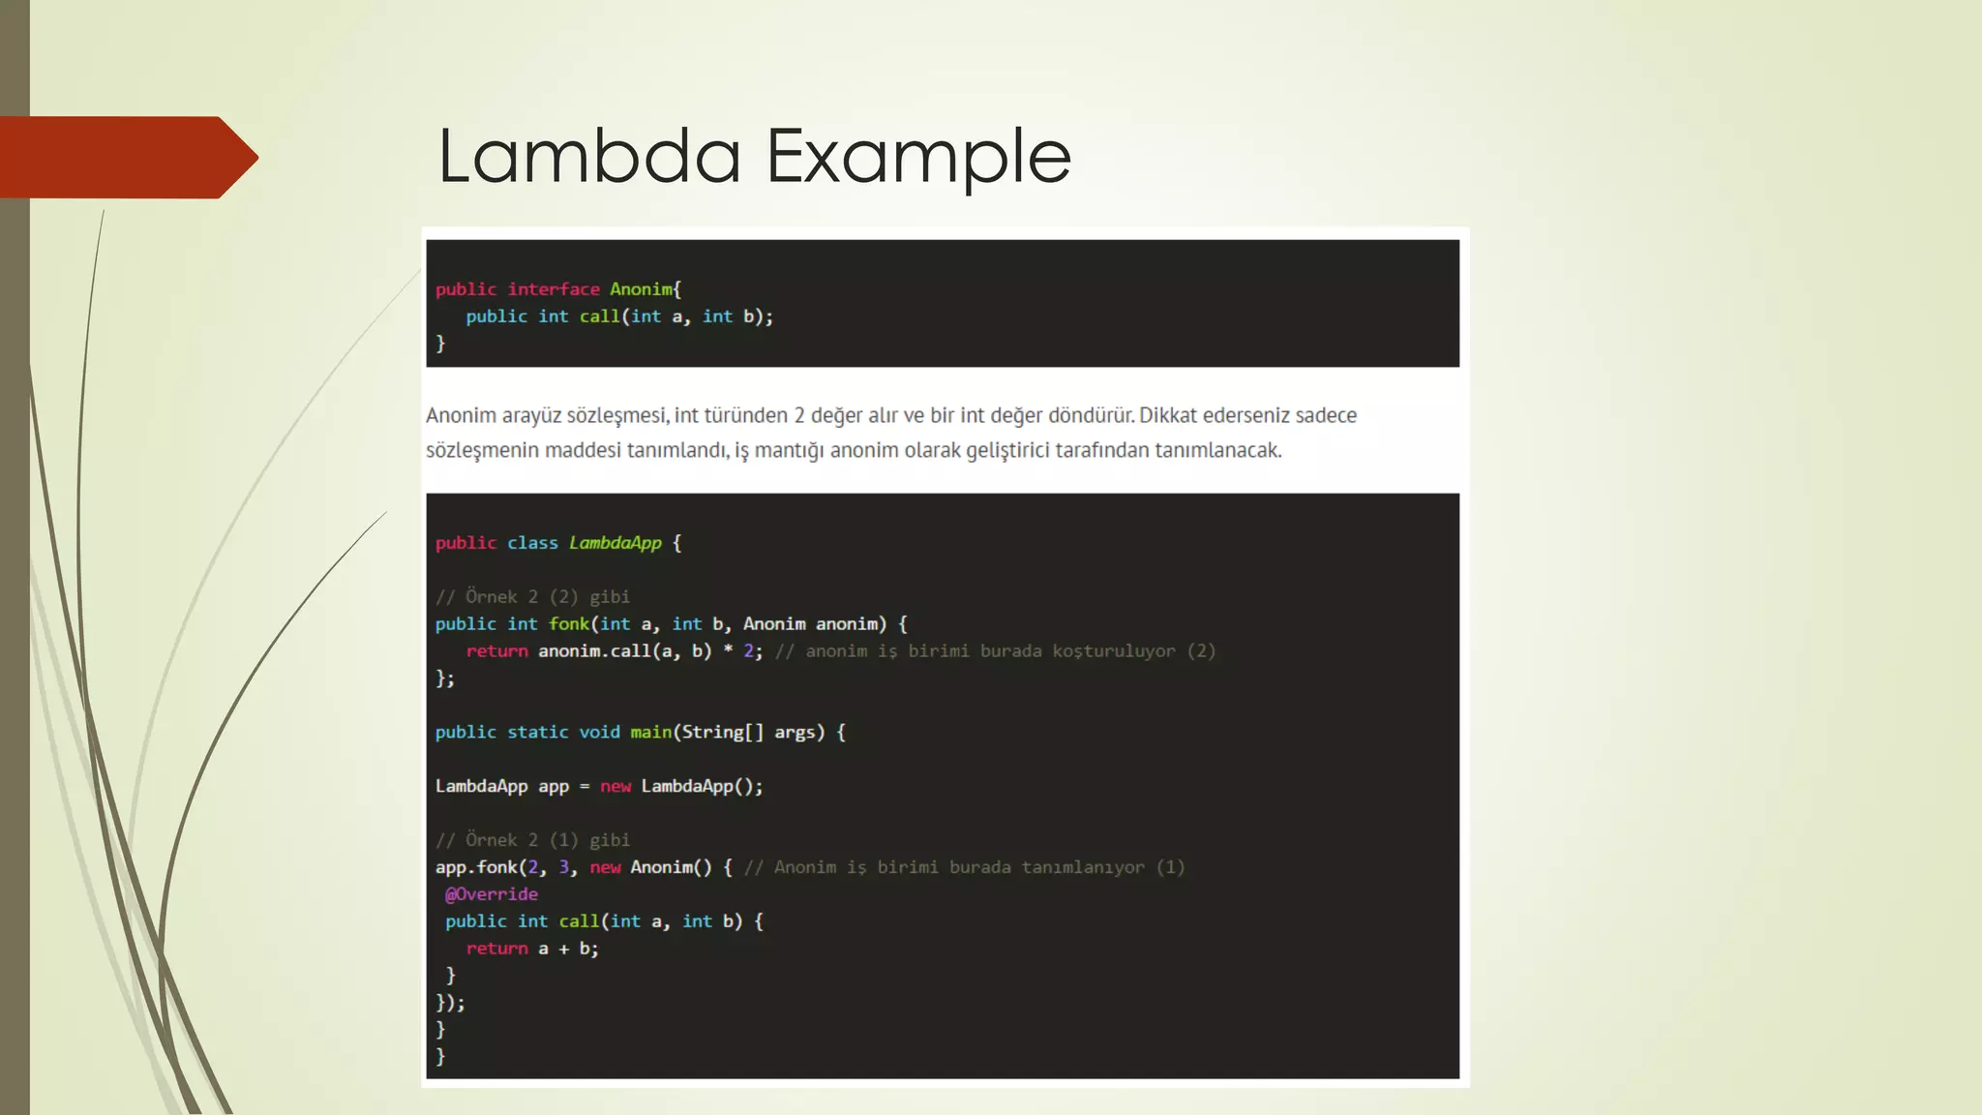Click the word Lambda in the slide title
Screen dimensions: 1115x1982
tap(589, 156)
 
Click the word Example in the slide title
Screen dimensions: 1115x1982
tap(918, 158)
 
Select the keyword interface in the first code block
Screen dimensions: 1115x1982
tap(554, 289)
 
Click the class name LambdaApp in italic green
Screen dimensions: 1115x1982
tap(615, 543)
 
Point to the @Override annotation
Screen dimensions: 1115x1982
tap(492, 894)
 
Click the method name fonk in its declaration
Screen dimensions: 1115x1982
tap(569, 624)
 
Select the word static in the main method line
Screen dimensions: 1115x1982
tap(537, 733)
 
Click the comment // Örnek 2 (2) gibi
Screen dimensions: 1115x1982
tap(532, 597)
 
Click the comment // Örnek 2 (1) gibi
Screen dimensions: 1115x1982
tap(532, 840)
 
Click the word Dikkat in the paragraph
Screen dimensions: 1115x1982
tap(1169, 415)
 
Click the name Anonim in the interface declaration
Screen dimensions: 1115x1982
tap(641, 289)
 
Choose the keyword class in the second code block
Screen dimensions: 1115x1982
tap(532, 543)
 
